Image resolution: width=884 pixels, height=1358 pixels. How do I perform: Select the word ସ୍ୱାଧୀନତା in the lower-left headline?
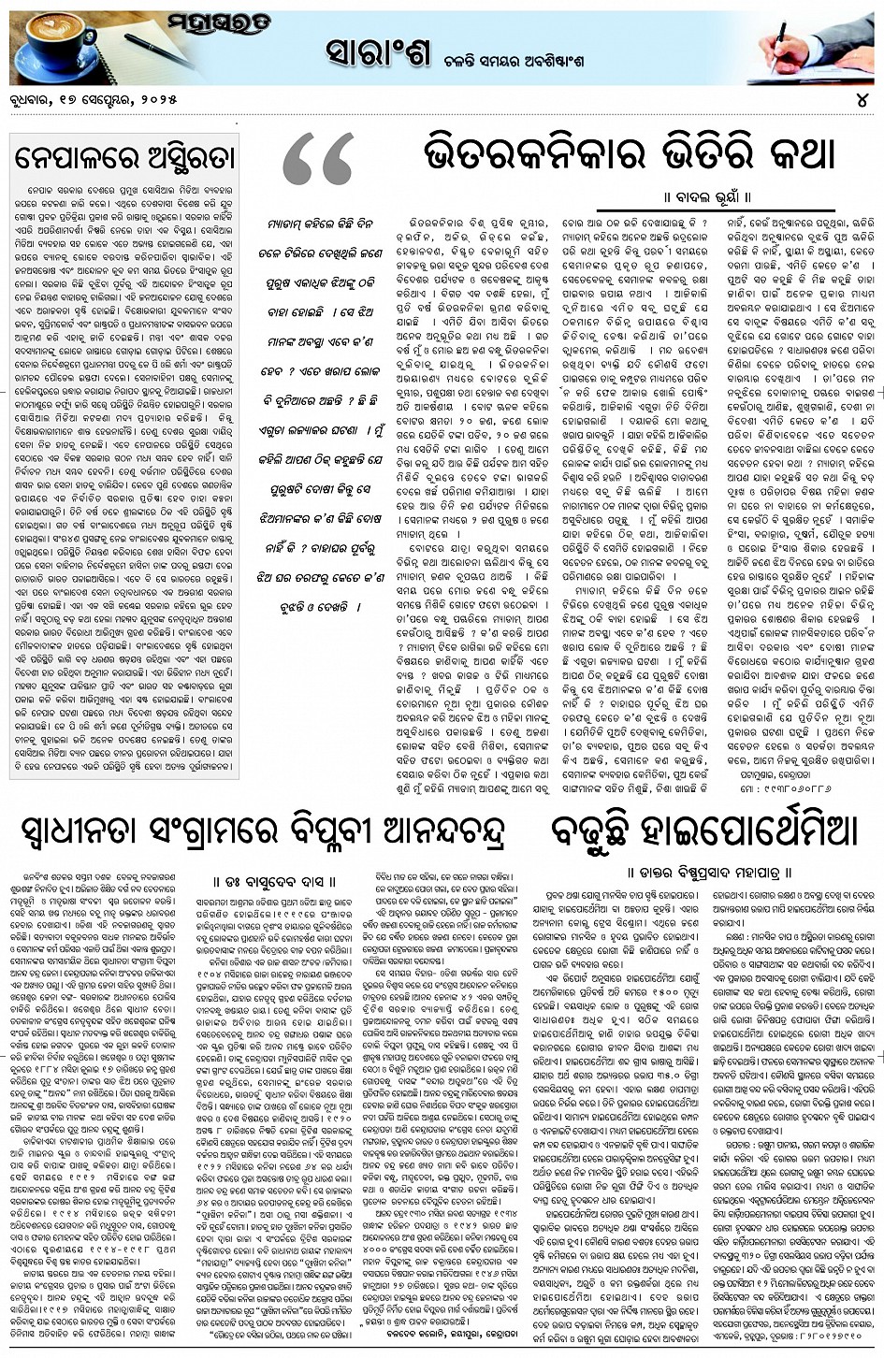90,830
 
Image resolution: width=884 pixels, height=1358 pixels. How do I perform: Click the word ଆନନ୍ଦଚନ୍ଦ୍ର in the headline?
431,830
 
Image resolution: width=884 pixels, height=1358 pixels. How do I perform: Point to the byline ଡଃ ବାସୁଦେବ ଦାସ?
271,879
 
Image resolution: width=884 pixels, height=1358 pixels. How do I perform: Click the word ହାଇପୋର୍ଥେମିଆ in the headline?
747,830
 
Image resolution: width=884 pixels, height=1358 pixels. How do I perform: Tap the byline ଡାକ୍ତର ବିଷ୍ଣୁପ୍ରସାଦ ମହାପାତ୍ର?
711,872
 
